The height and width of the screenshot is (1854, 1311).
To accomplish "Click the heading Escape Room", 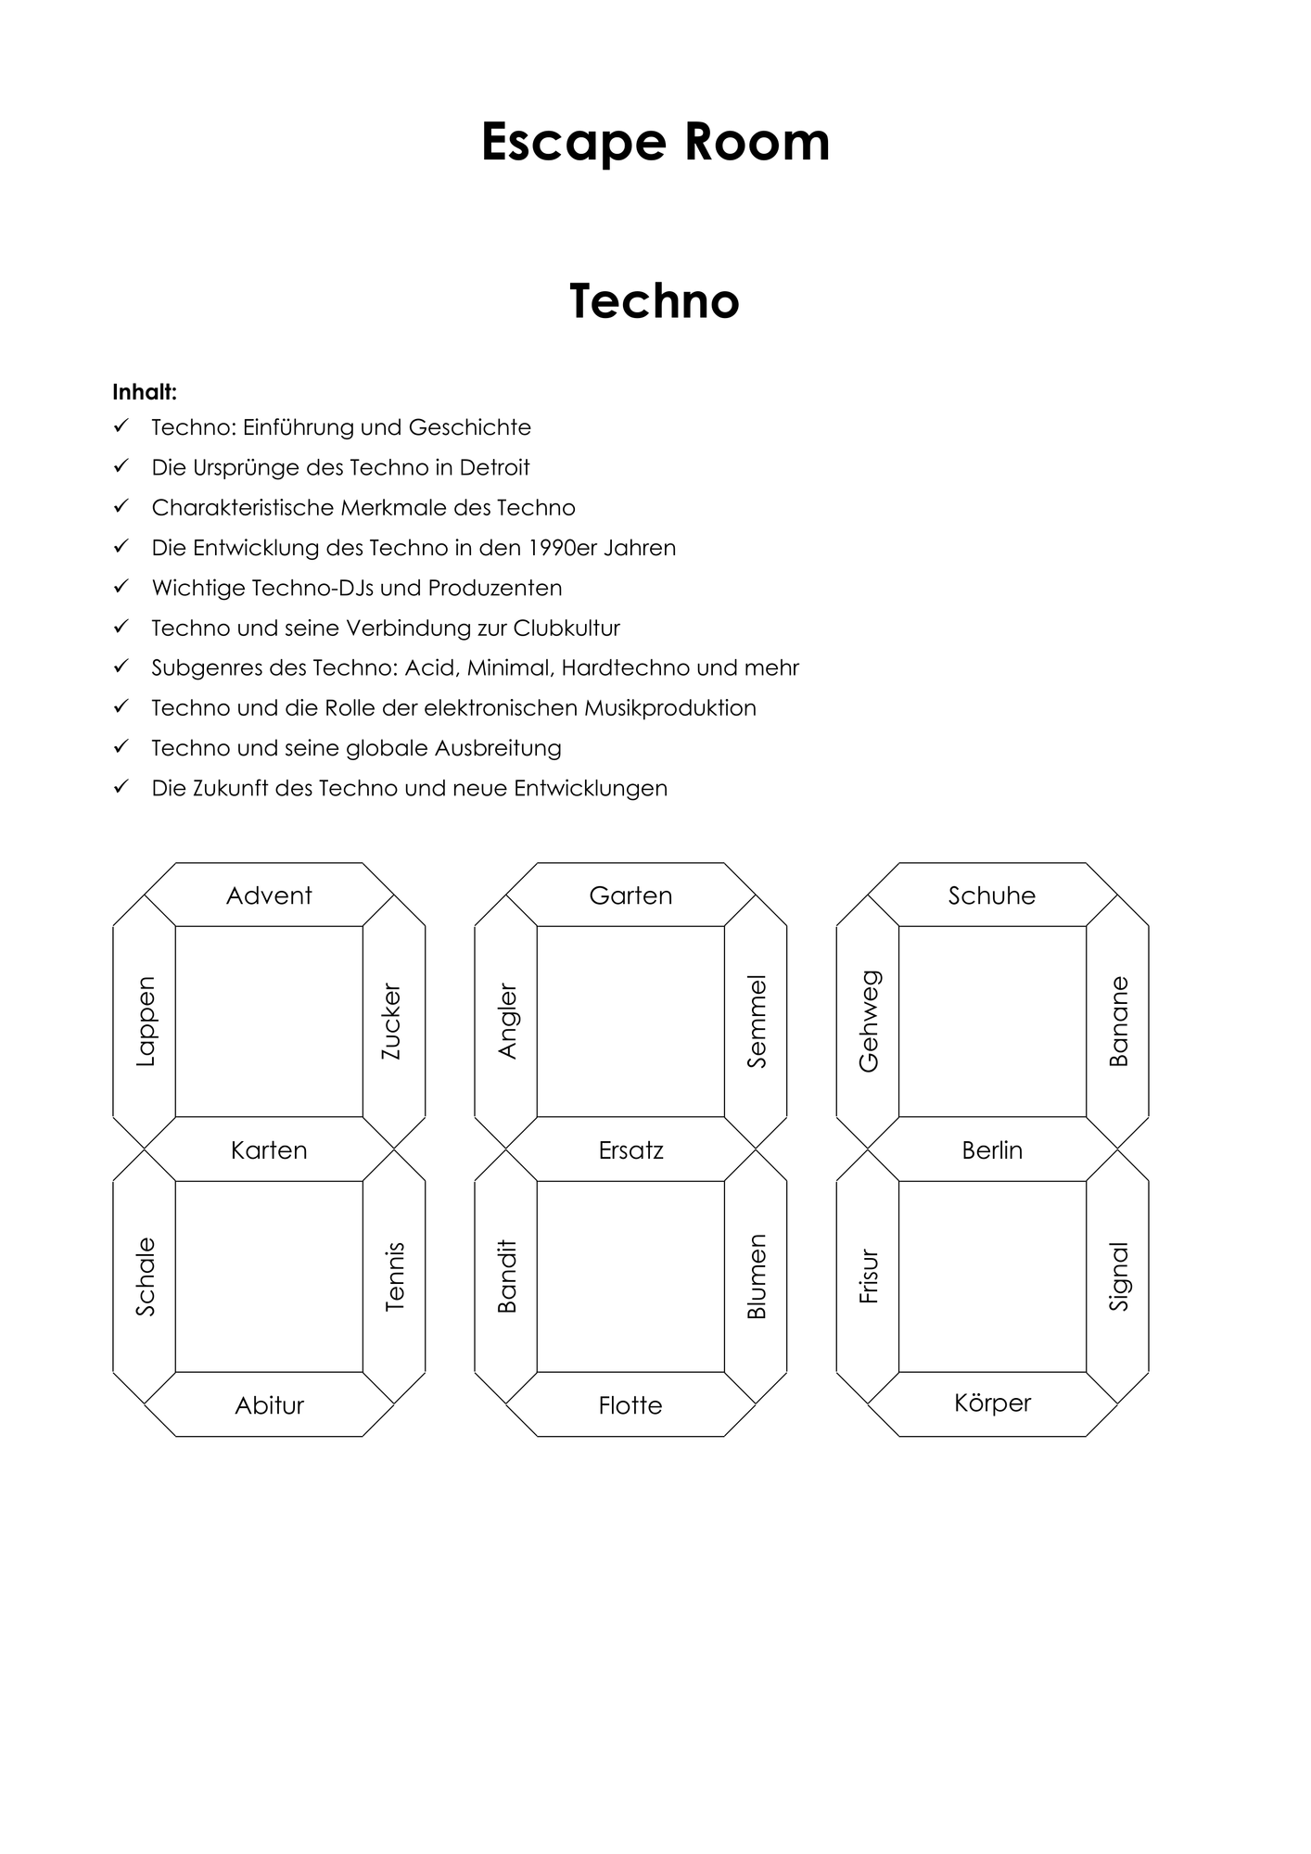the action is pyautogui.click(x=655, y=143).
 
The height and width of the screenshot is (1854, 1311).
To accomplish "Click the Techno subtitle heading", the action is pyautogui.click(x=655, y=301).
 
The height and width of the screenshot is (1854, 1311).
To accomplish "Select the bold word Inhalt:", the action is pyautogui.click(x=145, y=392).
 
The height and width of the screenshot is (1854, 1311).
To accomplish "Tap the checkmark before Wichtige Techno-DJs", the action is pyautogui.click(x=121, y=587).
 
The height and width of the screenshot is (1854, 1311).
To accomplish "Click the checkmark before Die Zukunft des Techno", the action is pyautogui.click(x=121, y=787).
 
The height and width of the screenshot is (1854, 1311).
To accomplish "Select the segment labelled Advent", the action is pyautogui.click(x=269, y=895).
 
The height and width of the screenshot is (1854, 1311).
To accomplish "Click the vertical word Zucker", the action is pyautogui.click(x=391, y=1022).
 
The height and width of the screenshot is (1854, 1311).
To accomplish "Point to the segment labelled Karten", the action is pyautogui.click(x=269, y=1149).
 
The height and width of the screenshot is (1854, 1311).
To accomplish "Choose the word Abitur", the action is pyautogui.click(x=270, y=1405).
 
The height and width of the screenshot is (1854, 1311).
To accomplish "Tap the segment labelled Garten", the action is pyautogui.click(x=630, y=895).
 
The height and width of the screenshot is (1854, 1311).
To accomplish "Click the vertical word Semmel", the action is pyautogui.click(x=757, y=1022).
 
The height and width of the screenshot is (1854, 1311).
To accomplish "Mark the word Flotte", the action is pyautogui.click(x=630, y=1405).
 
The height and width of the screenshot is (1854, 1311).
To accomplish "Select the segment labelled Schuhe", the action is pyautogui.click(x=992, y=895).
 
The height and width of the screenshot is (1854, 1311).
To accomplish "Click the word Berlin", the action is pyautogui.click(x=992, y=1150).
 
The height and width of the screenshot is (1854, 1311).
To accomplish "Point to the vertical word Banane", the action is pyautogui.click(x=1119, y=1022).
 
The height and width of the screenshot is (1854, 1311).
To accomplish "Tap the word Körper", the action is pyautogui.click(x=992, y=1403).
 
